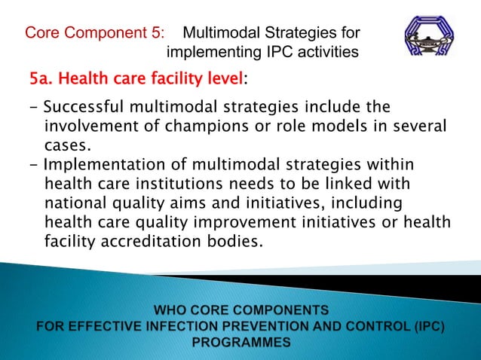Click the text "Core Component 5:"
(x=94, y=33)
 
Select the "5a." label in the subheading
(x=44, y=78)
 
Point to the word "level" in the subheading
(x=223, y=78)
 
